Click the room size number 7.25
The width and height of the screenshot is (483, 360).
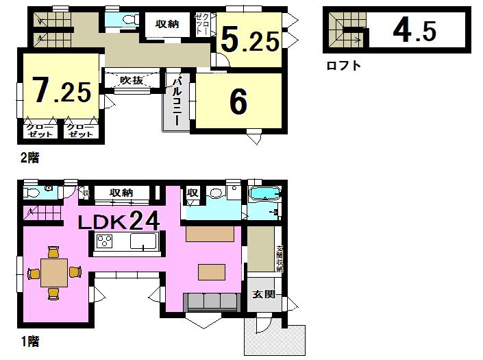click(62, 91)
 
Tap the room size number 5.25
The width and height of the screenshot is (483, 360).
click(249, 41)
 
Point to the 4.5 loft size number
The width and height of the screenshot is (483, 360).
click(414, 30)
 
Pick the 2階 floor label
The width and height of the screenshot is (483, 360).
click(29, 158)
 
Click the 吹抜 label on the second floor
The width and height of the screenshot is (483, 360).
click(131, 80)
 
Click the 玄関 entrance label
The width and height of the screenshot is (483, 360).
click(263, 295)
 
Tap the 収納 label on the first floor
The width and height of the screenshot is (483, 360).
click(121, 193)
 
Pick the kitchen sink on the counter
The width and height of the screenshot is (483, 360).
click(144, 241)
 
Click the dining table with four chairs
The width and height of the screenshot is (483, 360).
click(53, 273)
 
